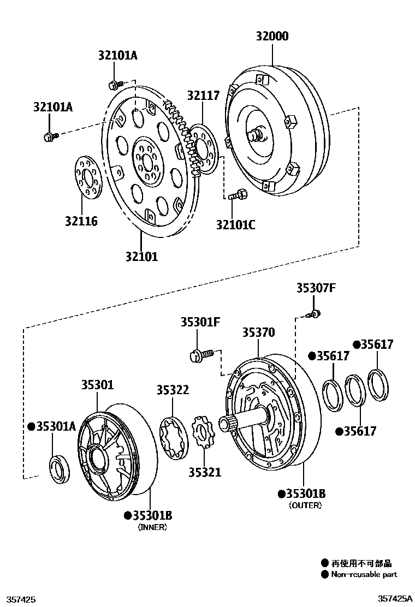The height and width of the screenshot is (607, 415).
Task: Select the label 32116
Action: tap(81, 221)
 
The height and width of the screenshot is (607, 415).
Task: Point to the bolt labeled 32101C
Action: tap(239, 194)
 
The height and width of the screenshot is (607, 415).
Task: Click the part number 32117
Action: tap(203, 96)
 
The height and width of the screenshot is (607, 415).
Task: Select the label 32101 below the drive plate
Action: tap(141, 255)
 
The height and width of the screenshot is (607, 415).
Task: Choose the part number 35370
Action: tap(259, 332)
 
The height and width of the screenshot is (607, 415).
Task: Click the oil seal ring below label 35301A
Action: tap(59, 469)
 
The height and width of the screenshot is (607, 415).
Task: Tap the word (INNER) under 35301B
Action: tap(152, 527)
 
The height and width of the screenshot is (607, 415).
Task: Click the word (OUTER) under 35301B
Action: tap(305, 505)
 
